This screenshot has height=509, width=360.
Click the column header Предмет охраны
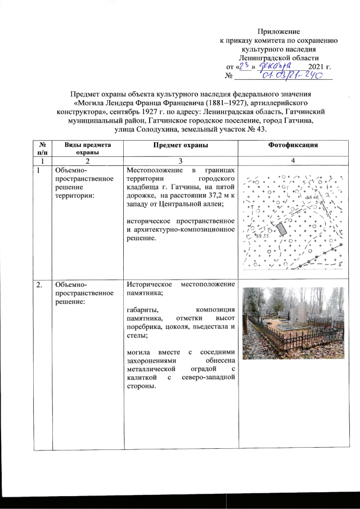pos(179,145)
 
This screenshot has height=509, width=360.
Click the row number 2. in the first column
pos(39,285)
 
